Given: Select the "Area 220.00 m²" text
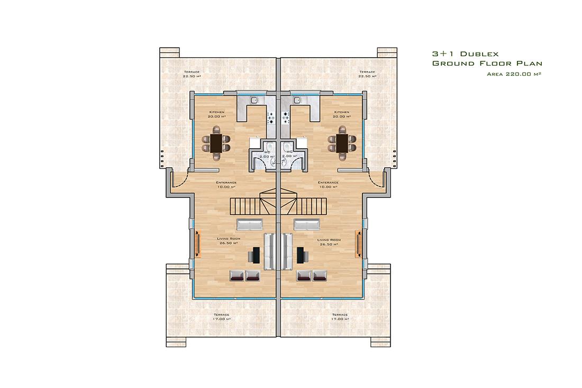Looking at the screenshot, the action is pos(514,74).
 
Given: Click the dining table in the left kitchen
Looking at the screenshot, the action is pos(216,143).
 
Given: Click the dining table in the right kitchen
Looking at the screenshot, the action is pos(342,143).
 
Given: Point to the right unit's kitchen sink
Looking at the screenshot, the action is pos(297,100).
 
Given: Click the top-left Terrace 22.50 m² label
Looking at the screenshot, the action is pos(192,74).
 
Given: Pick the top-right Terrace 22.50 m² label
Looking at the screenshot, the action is pos(367,74).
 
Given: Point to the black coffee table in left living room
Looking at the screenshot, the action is pos(256,255).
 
